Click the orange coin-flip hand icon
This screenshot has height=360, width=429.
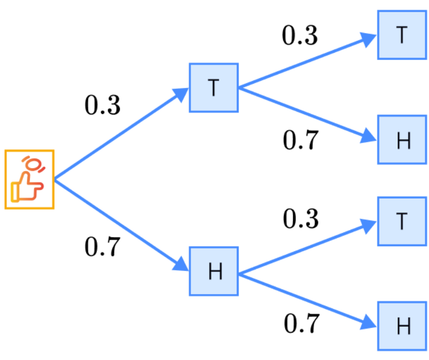[x=30, y=179]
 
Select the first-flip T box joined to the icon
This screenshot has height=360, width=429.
[x=213, y=88]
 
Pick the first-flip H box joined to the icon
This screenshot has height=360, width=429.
[x=213, y=272]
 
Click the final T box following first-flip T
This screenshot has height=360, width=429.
[x=402, y=35]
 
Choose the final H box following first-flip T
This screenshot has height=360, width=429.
[x=402, y=140]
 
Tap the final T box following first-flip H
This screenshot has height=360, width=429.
[x=402, y=221]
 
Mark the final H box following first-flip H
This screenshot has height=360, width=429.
[x=402, y=326]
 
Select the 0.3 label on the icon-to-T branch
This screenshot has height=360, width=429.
[x=103, y=106]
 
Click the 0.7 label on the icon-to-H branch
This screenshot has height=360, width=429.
[x=103, y=247]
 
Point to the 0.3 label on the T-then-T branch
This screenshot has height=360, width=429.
[x=300, y=35]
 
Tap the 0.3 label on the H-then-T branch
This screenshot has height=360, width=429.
[x=300, y=219]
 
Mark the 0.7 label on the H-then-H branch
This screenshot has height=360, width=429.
[x=301, y=323]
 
